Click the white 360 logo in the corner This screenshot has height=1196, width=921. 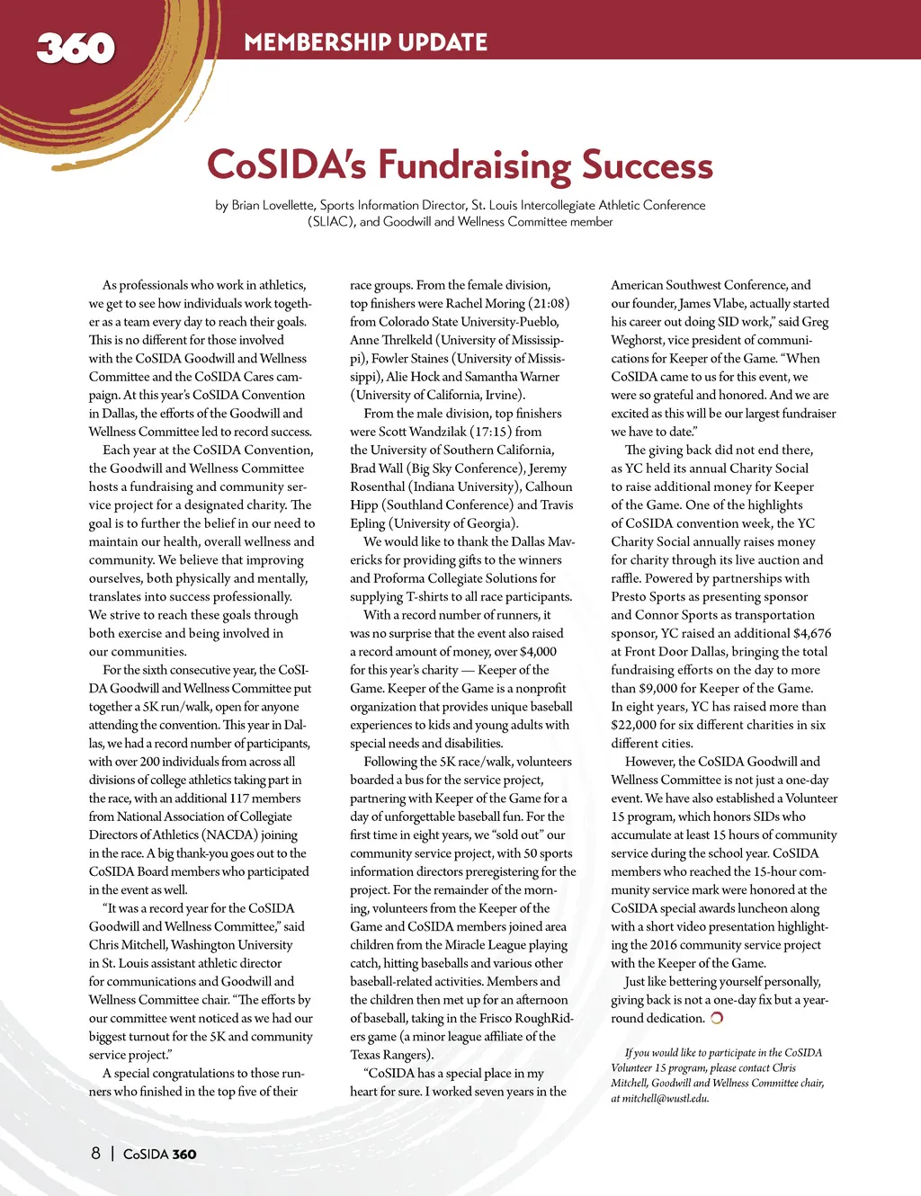76,48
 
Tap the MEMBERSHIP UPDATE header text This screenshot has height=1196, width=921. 365,42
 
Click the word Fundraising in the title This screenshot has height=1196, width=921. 474,165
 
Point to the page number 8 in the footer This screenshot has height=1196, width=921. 95,1153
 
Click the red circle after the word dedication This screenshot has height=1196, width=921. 717,1018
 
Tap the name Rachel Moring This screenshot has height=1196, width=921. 485,303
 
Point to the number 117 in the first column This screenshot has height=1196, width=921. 238,799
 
